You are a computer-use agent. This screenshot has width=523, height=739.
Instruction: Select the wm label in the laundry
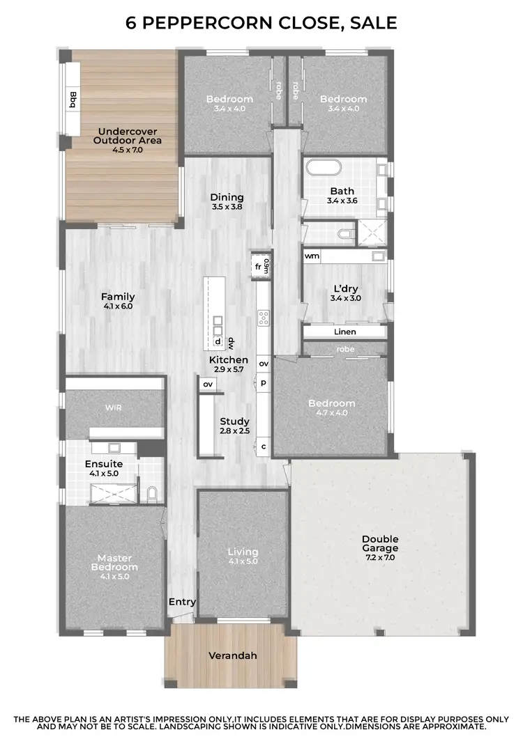tap(312, 256)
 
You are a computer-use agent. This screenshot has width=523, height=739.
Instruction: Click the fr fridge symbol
tap(258, 266)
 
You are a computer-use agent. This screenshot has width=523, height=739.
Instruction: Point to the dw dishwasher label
tap(229, 342)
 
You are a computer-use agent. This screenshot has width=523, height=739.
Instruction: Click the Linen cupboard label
tap(344, 332)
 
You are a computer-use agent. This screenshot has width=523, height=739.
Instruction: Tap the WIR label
tap(114, 407)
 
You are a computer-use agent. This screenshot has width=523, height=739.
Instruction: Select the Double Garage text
tap(379, 543)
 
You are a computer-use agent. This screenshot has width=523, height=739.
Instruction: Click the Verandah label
tap(233, 655)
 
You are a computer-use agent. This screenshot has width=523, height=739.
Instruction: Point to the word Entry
tap(182, 602)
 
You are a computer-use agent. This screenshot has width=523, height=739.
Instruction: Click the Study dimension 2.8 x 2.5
tap(234, 432)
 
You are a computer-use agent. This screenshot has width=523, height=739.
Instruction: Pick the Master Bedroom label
tap(114, 562)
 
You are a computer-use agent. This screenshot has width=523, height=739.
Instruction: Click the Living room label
tap(243, 552)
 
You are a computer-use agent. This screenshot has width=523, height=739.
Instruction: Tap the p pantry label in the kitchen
tap(264, 382)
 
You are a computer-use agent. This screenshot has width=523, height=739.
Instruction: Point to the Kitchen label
tap(228, 359)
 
